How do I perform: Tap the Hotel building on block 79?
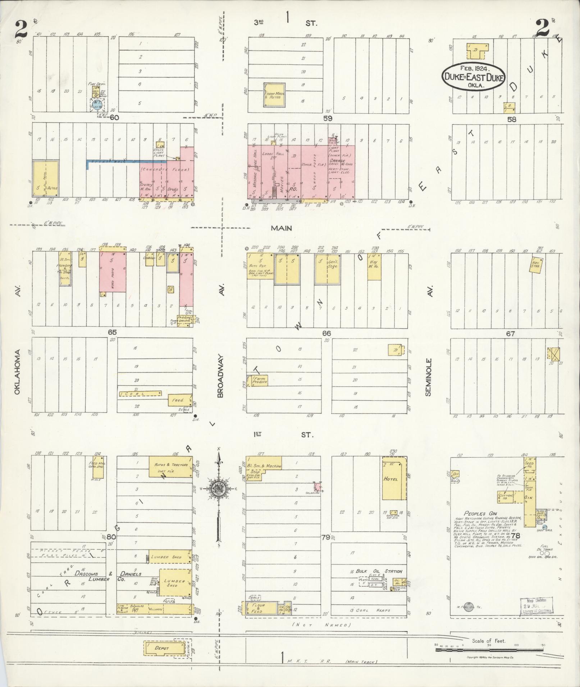pos(394,479)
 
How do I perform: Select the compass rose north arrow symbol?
pos(218,489)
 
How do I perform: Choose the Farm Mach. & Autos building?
pos(275,95)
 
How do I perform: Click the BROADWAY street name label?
pos(220,376)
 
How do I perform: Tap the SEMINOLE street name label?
pos(428,377)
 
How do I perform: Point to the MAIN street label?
pos(282,228)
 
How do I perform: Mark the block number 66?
pos(326,334)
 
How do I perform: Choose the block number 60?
pos(114,117)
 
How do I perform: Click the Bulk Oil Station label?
pos(376,571)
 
